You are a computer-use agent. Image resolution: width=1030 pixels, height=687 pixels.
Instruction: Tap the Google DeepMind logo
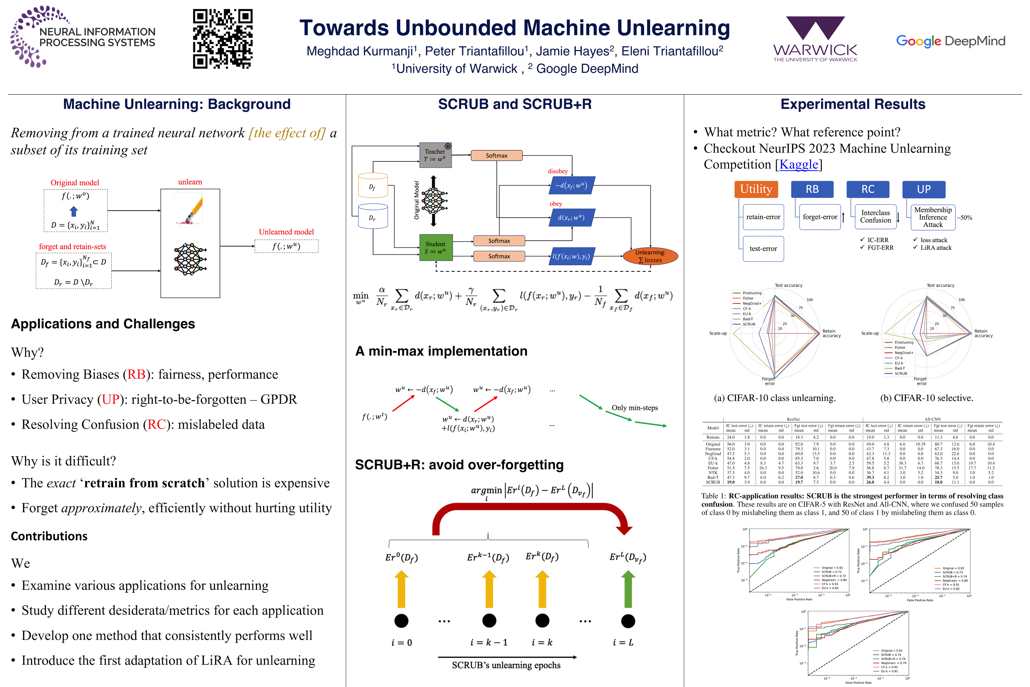pyautogui.click(x=950, y=41)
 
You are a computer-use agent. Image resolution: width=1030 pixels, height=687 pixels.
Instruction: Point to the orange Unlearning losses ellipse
pyautogui.click(x=650, y=256)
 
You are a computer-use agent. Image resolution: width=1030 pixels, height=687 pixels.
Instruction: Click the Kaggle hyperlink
pyautogui.click(x=799, y=164)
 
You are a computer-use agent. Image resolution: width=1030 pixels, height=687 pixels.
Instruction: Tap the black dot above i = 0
pyautogui.click(x=401, y=621)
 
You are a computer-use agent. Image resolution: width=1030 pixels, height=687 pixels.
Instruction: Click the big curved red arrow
pyautogui.click(x=530, y=515)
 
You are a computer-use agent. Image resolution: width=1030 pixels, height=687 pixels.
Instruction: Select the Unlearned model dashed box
pyautogui.click(x=286, y=246)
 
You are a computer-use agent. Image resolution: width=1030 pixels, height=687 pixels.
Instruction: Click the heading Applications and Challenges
pyautogui.click(x=103, y=324)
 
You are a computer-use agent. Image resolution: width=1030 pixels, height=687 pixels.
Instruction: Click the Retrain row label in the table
pyautogui.click(x=713, y=437)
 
